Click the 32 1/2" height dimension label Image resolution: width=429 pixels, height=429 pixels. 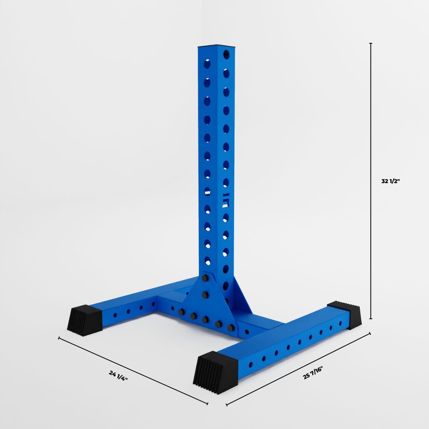point(391,181)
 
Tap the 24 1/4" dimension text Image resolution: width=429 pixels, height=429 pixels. point(118,375)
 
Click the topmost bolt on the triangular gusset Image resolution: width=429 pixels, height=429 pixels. point(205,278)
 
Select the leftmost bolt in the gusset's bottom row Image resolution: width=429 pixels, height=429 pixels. point(181,312)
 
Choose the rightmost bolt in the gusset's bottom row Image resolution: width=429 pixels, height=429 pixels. point(231,328)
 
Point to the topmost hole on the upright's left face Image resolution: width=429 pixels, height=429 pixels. point(207,64)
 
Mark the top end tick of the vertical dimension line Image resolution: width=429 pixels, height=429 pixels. point(371,43)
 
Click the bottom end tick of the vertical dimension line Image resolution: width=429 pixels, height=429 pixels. point(371,319)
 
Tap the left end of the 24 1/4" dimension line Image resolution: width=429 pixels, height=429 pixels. point(59,338)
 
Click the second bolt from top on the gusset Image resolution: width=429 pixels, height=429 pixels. point(205,295)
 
